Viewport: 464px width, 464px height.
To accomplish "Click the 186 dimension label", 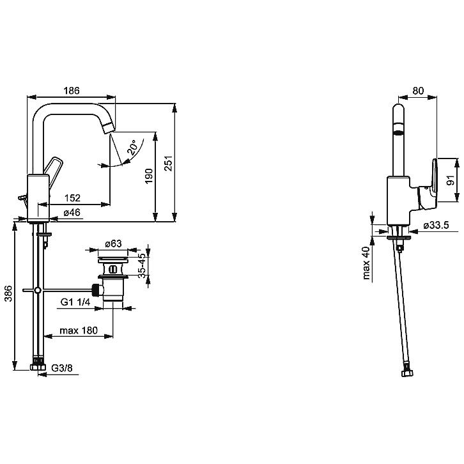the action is [x=72, y=91].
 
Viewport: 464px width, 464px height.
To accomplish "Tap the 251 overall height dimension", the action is [x=168, y=164].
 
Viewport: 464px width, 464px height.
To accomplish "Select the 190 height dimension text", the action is [x=149, y=176].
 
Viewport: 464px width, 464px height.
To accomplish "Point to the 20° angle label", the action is [x=132, y=148].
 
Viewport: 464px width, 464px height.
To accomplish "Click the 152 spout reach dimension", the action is [x=72, y=197].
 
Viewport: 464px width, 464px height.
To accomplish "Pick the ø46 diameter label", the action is [x=72, y=212].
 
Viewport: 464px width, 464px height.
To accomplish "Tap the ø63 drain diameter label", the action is [x=113, y=244].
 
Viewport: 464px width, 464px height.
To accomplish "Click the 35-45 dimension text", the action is [x=143, y=265].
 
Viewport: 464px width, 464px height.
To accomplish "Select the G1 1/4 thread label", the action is [x=75, y=302].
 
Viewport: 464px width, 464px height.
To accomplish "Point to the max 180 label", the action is [x=79, y=330].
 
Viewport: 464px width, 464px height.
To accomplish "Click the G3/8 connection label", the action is [x=62, y=368].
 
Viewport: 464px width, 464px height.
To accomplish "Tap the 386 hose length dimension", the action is [x=8, y=293].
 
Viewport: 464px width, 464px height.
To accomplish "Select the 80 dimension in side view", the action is [x=418, y=91].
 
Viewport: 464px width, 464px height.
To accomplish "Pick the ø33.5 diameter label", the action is [x=436, y=225].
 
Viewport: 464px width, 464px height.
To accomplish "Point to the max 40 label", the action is [x=366, y=263].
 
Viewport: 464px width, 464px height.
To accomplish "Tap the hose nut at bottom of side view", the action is [x=407, y=373].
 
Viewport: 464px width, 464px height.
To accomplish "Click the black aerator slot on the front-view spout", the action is [x=399, y=133].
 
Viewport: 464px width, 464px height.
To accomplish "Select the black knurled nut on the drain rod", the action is [x=95, y=290].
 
